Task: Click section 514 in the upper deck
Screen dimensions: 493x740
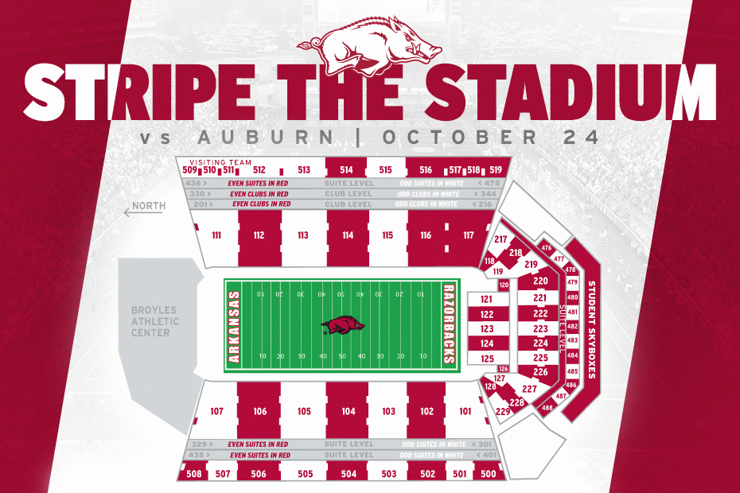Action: (346, 169)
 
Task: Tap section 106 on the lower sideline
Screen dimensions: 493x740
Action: (260, 411)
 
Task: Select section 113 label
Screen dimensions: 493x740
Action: (302, 235)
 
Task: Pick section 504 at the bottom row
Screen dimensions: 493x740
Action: (348, 474)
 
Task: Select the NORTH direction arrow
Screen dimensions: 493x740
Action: (146, 208)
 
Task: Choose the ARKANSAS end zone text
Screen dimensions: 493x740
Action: (234, 326)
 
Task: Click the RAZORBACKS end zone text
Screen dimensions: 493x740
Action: (448, 324)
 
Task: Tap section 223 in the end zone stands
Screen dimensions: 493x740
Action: (540, 328)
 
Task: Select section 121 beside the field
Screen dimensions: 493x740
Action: (487, 299)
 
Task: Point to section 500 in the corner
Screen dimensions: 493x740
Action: (489, 474)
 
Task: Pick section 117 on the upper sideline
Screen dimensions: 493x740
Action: (468, 235)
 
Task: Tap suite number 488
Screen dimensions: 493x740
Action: (547, 408)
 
